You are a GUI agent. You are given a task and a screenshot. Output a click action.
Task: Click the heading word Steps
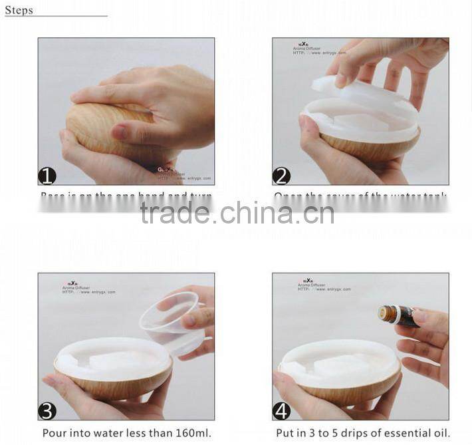pyautogui.click(x=19, y=11)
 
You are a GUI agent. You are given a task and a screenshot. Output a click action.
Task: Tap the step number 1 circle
pyautogui.click(x=47, y=176)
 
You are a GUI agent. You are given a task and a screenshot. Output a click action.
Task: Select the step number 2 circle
pyautogui.click(x=281, y=176)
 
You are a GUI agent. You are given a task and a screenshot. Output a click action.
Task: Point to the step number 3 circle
pyautogui.click(x=47, y=410)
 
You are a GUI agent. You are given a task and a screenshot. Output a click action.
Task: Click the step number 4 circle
pyautogui.click(x=281, y=410)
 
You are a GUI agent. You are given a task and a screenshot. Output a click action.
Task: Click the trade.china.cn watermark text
pyautogui.click(x=237, y=214)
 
